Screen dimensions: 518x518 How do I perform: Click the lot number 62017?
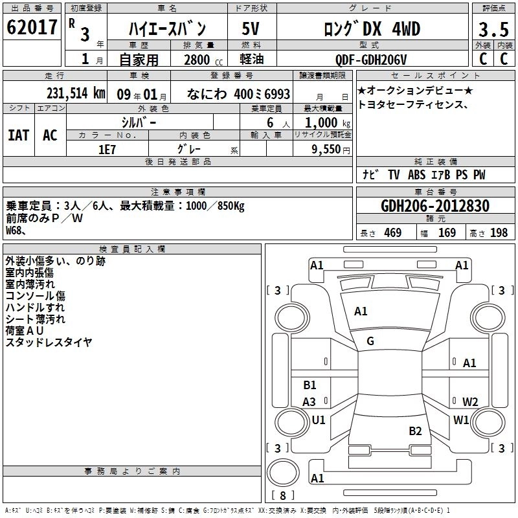[32, 28]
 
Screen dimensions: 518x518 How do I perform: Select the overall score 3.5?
[493, 29]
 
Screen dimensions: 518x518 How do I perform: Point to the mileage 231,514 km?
[74, 93]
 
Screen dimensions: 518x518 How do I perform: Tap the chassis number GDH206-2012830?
[435, 206]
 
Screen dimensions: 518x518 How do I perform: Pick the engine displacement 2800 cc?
[198, 60]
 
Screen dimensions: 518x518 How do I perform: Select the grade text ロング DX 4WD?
[371, 28]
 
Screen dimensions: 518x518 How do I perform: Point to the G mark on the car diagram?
[370, 341]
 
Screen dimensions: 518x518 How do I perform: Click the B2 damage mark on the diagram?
[415, 431]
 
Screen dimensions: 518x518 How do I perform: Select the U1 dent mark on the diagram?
[318, 420]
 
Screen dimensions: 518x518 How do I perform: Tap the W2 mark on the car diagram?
[470, 401]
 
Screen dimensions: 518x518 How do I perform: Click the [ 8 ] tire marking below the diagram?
[282, 496]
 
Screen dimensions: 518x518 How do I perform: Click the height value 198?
[499, 232]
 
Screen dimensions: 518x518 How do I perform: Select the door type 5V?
[251, 28]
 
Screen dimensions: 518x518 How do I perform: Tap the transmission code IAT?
[18, 135]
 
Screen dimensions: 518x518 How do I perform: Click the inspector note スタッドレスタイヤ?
[49, 342]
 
